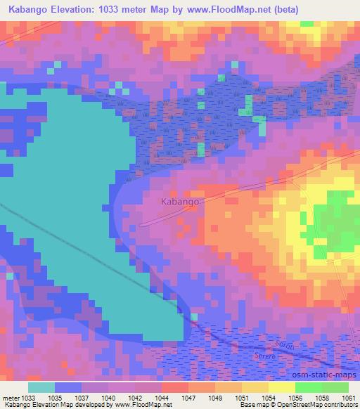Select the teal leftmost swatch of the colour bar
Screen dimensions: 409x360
(41, 387)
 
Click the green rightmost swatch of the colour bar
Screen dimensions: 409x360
(335, 387)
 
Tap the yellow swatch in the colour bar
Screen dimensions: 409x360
(281, 387)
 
